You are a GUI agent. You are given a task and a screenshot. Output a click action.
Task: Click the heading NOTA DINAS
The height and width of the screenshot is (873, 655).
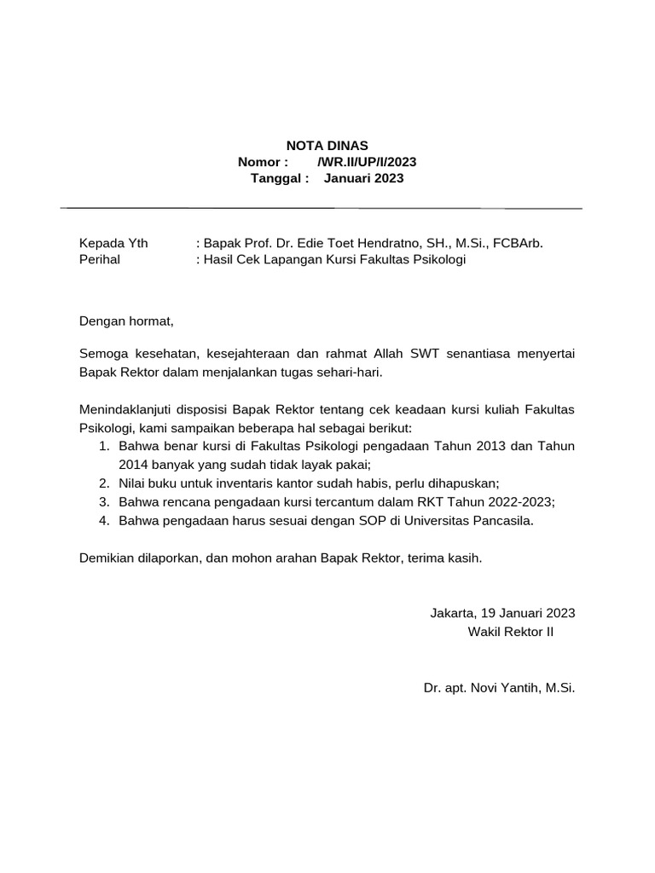tap(327, 146)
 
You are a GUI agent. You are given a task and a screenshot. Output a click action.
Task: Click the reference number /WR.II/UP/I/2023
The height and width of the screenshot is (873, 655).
tap(367, 162)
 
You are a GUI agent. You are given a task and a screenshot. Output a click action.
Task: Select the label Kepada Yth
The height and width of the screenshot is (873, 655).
tap(113, 243)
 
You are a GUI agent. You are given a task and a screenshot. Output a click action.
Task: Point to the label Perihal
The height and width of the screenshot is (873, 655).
tap(100, 259)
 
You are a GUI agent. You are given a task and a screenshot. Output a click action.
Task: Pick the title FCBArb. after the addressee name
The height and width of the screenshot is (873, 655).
tap(517, 243)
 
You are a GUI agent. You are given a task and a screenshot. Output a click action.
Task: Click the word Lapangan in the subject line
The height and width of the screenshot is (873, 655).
tap(290, 259)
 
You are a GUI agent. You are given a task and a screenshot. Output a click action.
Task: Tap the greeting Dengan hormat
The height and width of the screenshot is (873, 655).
tap(126, 321)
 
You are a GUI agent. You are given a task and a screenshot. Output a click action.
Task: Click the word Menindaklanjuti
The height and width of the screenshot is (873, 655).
tap(132, 409)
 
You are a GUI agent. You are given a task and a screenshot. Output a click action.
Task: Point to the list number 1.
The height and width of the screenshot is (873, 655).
tap(103, 446)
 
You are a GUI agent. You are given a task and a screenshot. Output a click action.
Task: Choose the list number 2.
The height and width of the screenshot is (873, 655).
tap(103, 483)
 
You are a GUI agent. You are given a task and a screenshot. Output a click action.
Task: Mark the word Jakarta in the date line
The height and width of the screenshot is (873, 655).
tap(453, 613)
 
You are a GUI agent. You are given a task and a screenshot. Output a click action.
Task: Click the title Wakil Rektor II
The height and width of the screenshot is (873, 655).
tap(510, 632)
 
